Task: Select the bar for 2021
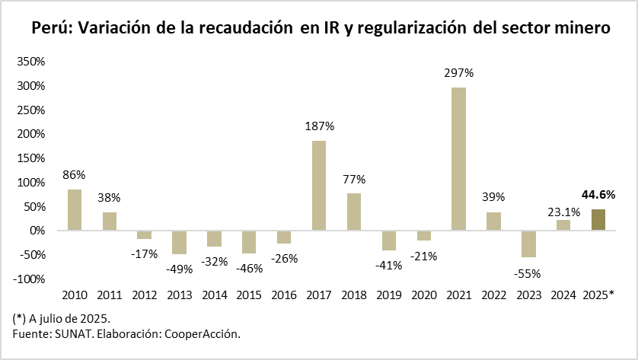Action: click(x=458, y=158)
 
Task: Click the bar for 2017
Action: click(x=318, y=185)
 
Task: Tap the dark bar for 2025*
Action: click(x=598, y=219)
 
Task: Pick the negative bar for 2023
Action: click(x=528, y=244)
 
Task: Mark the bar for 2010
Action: click(x=74, y=209)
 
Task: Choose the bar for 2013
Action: click(x=179, y=242)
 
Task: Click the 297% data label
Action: click(x=459, y=74)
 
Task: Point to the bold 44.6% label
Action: click(x=598, y=195)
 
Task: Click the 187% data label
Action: click(x=319, y=126)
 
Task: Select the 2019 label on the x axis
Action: click(x=388, y=295)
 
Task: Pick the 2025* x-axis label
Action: click(x=598, y=295)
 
